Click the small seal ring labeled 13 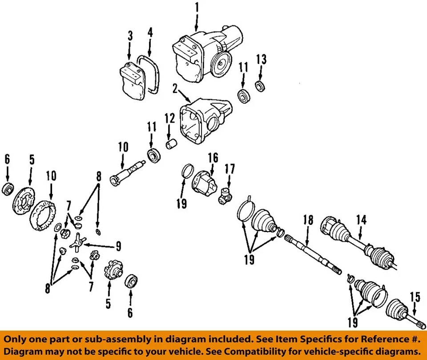click(260, 86)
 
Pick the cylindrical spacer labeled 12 click(171, 145)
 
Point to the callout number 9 click(118, 246)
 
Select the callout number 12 click(170, 119)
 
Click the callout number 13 click(262, 59)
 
